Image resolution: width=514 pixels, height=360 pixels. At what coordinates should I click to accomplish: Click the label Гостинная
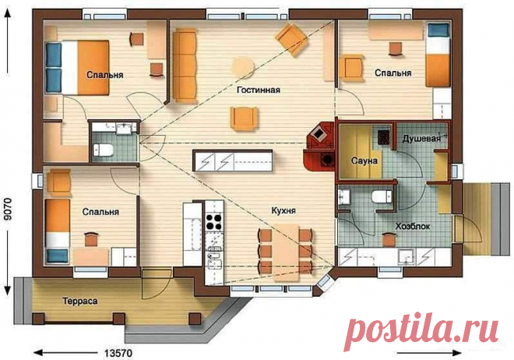coord(259,90)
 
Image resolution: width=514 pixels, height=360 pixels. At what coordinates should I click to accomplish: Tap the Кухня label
coord(283,210)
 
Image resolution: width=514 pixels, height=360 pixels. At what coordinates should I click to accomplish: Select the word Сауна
coord(364,161)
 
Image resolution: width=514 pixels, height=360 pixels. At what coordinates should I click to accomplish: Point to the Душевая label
coord(421,139)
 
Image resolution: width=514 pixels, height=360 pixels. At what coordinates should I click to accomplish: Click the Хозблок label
coord(413,226)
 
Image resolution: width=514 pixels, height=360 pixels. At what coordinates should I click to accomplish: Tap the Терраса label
coord(80,301)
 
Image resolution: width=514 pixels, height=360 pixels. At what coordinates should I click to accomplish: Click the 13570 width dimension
coord(118,353)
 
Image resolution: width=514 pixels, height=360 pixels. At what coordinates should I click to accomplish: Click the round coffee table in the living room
coord(243,67)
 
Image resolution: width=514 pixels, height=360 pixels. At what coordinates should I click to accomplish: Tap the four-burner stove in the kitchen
coord(214,221)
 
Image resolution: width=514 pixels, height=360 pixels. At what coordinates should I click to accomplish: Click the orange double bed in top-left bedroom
coord(77,68)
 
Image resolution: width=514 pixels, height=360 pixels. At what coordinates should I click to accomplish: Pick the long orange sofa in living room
coord(185,65)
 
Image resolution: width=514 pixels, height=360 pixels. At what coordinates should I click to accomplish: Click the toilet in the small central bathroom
coord(104,150)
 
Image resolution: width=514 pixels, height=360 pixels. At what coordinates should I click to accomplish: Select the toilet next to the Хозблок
coord(382,196)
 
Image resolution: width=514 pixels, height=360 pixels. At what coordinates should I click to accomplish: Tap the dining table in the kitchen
coord(287,252)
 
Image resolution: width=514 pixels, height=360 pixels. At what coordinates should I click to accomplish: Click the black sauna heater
coord(383,137)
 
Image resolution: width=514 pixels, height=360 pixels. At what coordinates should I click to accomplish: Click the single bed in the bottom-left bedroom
coord(58,231)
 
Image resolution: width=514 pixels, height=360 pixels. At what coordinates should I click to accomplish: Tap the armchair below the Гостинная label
coord(244,118)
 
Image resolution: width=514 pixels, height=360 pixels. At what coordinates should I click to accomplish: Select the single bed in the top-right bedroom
coord(438,55)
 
